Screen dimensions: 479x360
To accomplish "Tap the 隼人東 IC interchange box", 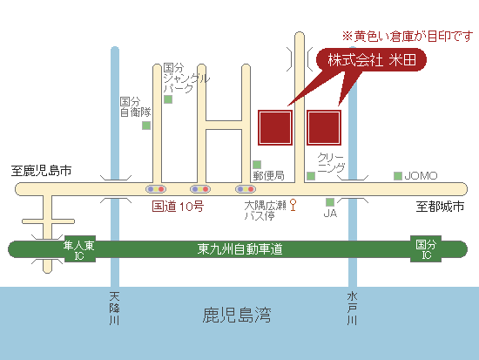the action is tap(80, 249).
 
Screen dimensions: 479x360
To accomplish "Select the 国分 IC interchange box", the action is tap(426, 248).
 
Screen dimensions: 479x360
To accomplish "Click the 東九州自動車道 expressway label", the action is tap(239, 249).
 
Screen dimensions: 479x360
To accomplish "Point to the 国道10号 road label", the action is tap(178, 207).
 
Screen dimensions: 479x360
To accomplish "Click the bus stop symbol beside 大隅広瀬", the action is tap(293, 205).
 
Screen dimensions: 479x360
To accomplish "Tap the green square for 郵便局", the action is tap(257, 165).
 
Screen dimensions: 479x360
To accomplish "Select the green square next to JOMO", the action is tap(398, 176).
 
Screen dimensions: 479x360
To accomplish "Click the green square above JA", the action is tap(330, 202).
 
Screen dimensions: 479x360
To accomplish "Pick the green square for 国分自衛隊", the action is tap(146, 126).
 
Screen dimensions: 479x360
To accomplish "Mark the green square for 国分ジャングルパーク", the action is tap(168, 99).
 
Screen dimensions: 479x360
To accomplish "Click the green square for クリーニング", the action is tap(311, 176).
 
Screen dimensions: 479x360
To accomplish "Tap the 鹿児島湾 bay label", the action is tap(237, 315).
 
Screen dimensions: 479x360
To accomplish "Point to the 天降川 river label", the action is tap(115, 309).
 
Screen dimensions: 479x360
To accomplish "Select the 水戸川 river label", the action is tap(352, 309).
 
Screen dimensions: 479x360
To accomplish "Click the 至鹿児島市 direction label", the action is tap(41, 171).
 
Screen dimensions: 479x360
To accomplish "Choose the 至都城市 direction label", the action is tap(440, 207).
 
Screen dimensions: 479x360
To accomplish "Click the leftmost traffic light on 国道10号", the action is tap(156, 189).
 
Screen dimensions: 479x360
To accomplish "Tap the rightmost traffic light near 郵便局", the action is tap(246, 189).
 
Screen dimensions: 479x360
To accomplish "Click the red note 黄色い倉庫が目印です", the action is tap(408, 37).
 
